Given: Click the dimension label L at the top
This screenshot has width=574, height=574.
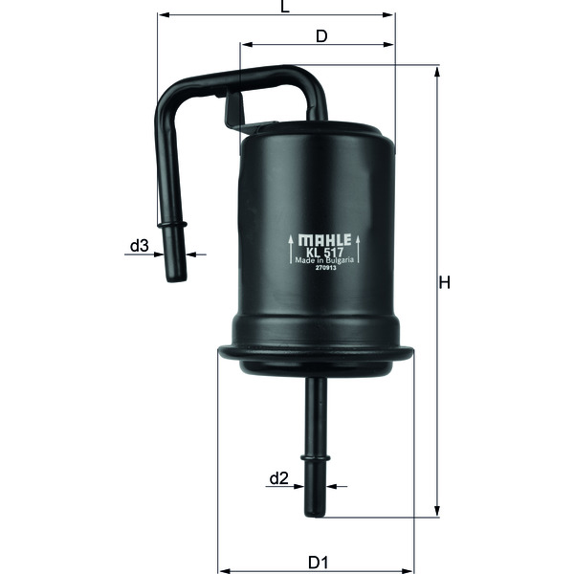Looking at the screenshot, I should pyautogui.click(x=284, y=7).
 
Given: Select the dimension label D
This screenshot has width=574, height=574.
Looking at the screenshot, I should pyautogui.click(x=321, y=36).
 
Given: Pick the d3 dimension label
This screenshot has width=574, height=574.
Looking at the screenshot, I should pyautogui.click(x=139, y=246).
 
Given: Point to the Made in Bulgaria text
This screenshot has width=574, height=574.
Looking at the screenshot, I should pyautogui.click(x=326, y=260).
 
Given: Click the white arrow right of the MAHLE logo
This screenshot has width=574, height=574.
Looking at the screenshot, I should pyautogui.click(x=360, y=248).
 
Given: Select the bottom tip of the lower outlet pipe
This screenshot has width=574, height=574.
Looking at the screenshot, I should pyautogui.click(x=316, y=514).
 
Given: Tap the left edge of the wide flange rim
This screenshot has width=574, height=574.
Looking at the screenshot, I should pyautogui.click(x=220, y=352).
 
